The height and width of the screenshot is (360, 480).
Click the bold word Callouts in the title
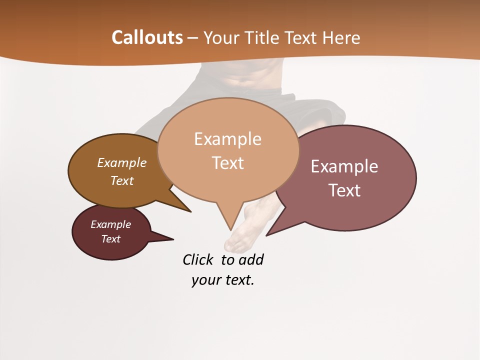coord(147,37)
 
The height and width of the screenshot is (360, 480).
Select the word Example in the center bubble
coord(227,139)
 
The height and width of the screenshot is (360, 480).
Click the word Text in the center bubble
coord(227,163)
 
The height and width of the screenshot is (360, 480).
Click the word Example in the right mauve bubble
coord(344,166)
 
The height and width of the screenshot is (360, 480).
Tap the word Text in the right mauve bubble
coord(344,190)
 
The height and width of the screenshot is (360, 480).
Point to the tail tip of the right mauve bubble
coord(267,235)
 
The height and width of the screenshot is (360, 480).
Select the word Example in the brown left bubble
coord(122,163)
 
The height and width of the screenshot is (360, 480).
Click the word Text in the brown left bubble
coord(122,180)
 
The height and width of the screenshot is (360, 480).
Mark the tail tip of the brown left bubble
coord(190,211)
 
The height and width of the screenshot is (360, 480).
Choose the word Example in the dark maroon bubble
coord(111,224)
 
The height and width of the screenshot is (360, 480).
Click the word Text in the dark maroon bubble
coord(111,239)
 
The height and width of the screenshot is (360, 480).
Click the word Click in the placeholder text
coord(197,259)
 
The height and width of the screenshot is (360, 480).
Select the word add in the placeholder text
coord(251,259)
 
